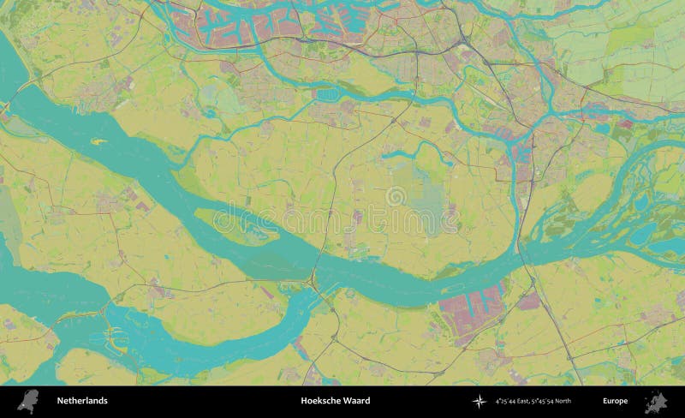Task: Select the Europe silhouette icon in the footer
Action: click(660, 401)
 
